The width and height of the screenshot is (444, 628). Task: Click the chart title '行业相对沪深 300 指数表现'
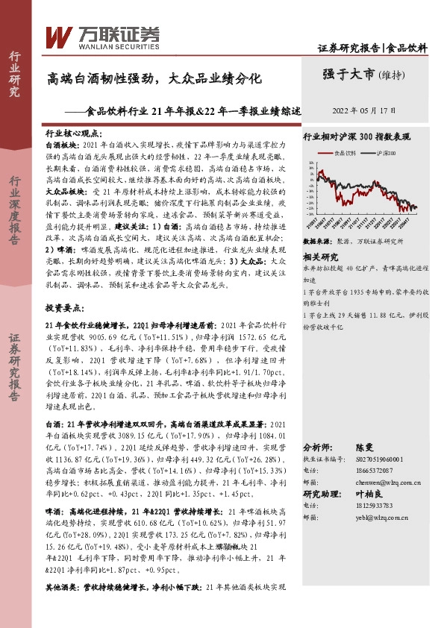[x=357, y=137]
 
